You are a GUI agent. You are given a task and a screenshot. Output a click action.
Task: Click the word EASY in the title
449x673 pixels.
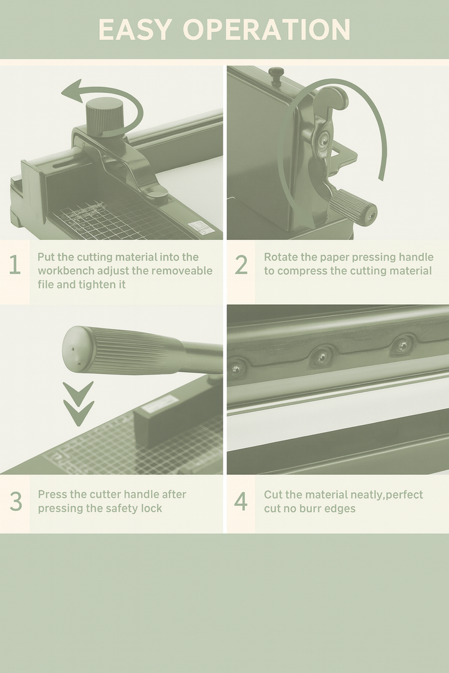point(135,30)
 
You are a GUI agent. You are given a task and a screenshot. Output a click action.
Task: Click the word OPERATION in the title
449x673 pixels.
point(267,30)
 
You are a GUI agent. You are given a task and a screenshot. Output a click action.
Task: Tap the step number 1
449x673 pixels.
point(14,264)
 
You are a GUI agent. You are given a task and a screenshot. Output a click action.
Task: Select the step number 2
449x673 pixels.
point(241,264)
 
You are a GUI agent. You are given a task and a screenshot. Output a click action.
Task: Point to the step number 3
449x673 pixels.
point(16,501)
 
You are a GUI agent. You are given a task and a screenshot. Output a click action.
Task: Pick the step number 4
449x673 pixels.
point(241,501)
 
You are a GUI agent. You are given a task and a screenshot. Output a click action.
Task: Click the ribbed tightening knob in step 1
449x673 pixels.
point(104,117)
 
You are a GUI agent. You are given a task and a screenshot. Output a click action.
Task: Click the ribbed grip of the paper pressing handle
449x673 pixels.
point(352,207)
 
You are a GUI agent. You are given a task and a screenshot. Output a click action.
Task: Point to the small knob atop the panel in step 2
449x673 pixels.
point(276,74)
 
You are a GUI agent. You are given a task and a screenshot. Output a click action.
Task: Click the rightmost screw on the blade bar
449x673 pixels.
point(403,344)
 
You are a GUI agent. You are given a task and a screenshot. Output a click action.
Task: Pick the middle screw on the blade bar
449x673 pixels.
point(321,356)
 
